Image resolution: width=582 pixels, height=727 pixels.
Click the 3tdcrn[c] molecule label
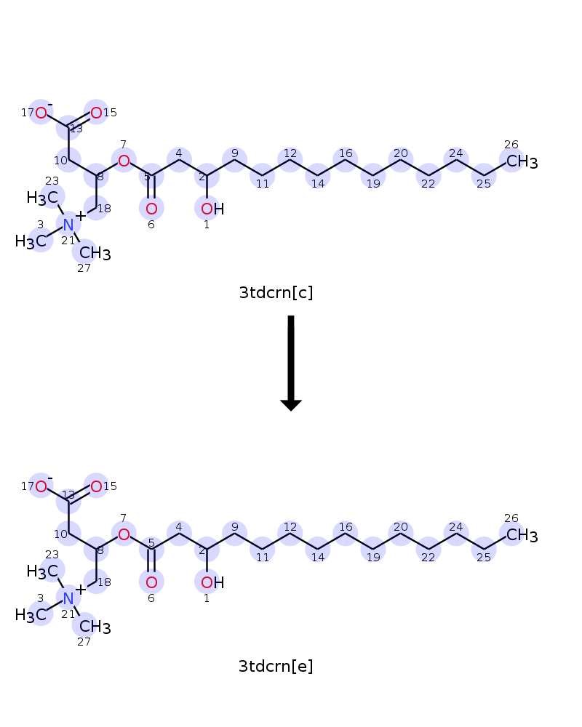[276, 292]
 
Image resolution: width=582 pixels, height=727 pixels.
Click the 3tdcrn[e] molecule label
[276, 666]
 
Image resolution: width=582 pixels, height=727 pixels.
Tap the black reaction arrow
[291, 363]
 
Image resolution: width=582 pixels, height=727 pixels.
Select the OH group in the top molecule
[212, 209]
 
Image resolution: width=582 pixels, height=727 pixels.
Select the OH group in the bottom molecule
[212, 583]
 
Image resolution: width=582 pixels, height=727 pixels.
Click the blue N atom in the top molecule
[68, 225]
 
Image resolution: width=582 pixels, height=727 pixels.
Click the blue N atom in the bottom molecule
[68, 598]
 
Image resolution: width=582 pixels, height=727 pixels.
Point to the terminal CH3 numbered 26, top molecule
[522, 162]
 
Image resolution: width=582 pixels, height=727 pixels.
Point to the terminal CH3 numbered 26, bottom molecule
[522, 536]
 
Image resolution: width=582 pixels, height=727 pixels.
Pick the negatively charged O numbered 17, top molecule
[41, 113]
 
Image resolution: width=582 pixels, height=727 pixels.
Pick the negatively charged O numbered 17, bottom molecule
[41, 486]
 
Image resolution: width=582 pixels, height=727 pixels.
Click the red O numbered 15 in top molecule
[96, 113]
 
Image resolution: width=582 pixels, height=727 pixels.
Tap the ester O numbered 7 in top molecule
[124, 161]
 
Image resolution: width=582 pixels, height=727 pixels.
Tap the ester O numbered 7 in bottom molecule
[124, 534]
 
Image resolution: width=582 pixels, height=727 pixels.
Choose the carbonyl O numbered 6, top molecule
[151, 209]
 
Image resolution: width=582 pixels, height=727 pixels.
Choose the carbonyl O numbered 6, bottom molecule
[151, 583]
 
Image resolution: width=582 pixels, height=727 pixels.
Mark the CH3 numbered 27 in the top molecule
[95, 254]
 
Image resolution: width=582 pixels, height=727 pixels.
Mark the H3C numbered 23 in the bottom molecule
[43, 571]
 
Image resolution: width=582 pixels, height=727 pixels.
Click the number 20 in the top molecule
[401, 153]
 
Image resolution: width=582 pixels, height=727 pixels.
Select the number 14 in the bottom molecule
[318, 558]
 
